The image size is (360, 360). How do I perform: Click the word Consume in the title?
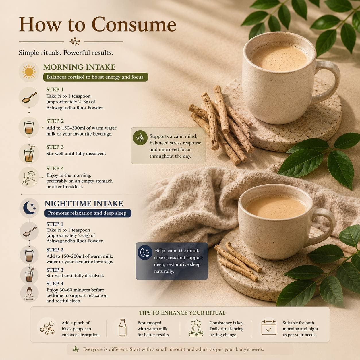pyautogui.click(x=134, y=24)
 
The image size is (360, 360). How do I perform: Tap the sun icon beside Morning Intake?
pyautogui.click(x=29, y=72)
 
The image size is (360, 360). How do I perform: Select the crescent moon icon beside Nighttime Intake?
pyautogui.click(x=29, y=208)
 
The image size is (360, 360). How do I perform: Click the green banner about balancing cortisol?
pyautogui.click(x=96, y=77)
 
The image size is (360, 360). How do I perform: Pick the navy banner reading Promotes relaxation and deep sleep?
pyautogui.click(x=88, y=213)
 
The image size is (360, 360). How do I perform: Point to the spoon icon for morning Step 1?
pyautogui.click(x=30, y=97)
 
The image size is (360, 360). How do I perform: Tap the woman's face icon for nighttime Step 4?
pyautogui.click(x=29, y=293)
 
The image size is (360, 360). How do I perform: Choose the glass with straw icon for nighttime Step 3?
pyautogui.click(x=30, y=275)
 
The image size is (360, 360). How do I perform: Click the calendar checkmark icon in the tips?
pyautogui.click(x=269, y=328)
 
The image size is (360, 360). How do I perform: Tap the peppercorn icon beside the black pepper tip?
pyautogui.click(x=47, y=328)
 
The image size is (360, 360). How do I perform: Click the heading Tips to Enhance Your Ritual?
pyautogui.click(x=182, y=313)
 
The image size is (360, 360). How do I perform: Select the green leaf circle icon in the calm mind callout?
pyautogui.click(x=140, y=138)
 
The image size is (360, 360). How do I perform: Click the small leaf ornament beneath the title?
pyautogui.click(x=75, y=41)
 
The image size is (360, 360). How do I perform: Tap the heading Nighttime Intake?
pyautogui.click(x=84, y=204)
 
